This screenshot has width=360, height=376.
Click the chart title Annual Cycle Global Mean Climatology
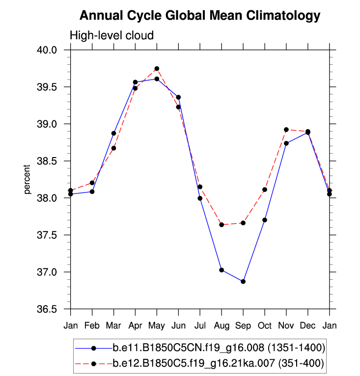[199, 16]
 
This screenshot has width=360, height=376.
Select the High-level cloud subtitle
[112, 35]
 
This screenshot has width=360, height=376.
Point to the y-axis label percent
[28, 180]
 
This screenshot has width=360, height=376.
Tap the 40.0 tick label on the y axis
[48, 50]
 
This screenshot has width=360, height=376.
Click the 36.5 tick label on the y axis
[48, 309]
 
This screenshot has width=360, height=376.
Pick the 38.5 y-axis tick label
[48, 161]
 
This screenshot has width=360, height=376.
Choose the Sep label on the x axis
[243, 325]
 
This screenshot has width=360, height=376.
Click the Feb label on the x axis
[92, 325]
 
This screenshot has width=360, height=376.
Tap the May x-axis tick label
[157, 325]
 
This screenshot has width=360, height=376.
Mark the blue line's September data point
[243, 281]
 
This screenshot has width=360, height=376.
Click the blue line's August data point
[222, 270]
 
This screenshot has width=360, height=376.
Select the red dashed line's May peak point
[157, 69]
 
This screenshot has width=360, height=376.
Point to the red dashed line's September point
[243, 223]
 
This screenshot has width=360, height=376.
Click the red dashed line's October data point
[265, 189]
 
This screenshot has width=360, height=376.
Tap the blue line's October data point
[265, 220]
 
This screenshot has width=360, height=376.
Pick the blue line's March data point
[113, 133]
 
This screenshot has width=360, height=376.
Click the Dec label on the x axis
[308, 325]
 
